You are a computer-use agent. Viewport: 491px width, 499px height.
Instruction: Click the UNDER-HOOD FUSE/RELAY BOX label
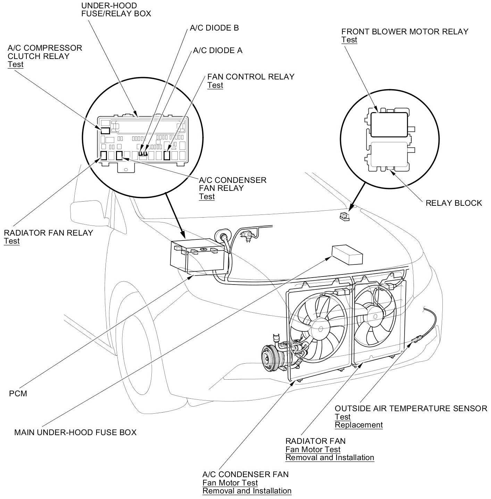(116, 10)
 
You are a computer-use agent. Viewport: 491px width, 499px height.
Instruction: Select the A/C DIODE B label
(214, 28)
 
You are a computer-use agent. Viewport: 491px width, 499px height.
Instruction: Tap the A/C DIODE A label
(218, 51)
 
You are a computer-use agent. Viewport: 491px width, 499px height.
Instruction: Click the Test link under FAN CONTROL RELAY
(215, 85)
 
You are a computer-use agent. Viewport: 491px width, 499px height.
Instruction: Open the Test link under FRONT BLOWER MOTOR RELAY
(349, 40)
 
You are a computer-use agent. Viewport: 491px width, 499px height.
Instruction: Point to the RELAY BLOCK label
(453, 203)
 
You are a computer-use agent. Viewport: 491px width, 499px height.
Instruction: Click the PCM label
(18, 394)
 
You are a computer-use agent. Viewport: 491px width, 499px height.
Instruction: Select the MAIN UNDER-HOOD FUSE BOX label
(75, 432)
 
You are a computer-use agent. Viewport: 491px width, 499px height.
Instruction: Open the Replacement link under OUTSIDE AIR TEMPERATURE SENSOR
(359, 425)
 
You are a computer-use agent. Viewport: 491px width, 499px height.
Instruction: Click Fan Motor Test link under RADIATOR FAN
(313, 449)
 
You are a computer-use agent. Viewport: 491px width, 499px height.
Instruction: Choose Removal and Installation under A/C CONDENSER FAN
(247, 491)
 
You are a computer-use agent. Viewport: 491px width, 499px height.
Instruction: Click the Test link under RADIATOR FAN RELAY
(12, 241)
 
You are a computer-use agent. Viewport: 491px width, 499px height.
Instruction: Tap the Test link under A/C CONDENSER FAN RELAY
(207, 197)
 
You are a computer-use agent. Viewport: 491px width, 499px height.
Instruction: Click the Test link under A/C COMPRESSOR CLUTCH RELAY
(16, 65)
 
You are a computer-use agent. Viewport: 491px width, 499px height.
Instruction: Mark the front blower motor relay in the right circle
(389, 124)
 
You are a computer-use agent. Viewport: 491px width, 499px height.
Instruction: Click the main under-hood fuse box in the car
(347, 255)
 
